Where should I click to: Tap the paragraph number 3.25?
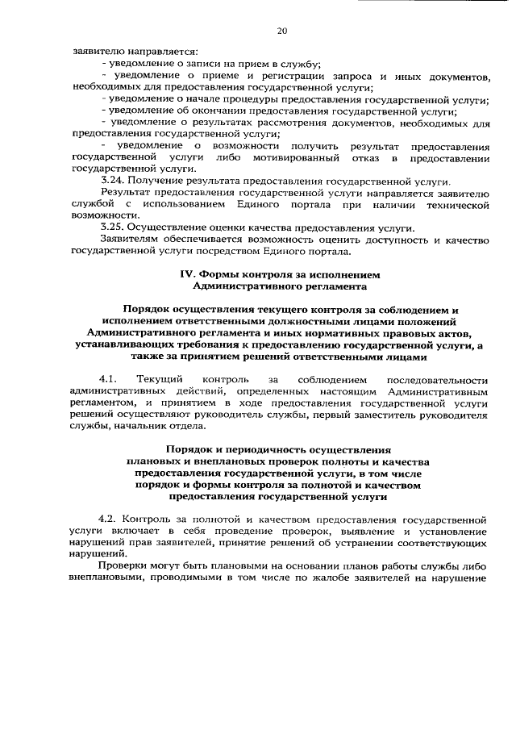[112, 227]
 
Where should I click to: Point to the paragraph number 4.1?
[109, 379]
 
